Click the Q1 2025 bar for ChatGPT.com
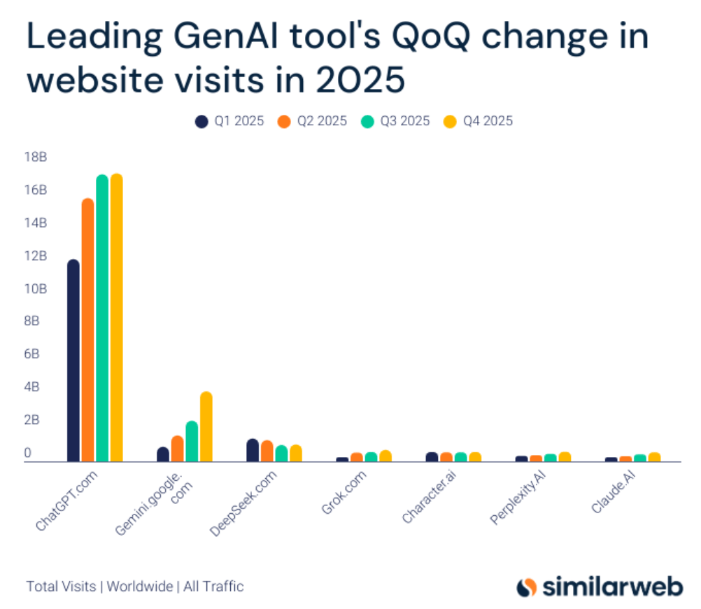click(x=73, y=360)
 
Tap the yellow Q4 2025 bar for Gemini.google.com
click(x=206, y=426)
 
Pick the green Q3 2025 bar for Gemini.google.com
click(x=192, y=441)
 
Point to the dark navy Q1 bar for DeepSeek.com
click(x=253, y=450)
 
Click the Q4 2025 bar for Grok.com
click(x=385, y=456)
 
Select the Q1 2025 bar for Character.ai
click(x=432, y=456)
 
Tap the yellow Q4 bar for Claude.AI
click(x=654, y=457)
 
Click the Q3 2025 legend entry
click(x=396, y=121)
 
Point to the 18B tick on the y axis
click(x=36, y=157)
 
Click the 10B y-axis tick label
click(x=36, y=289)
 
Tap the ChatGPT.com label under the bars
click(x=66, y=503)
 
